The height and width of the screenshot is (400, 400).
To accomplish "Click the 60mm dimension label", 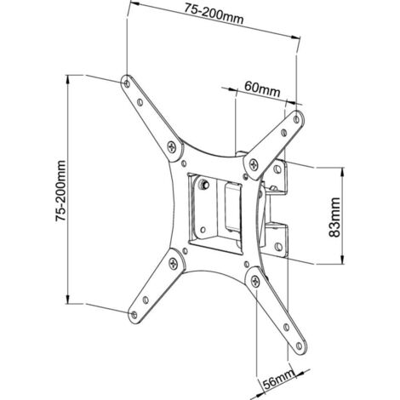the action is click(262, 89).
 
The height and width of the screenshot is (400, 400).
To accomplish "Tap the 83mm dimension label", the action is click(334, 217).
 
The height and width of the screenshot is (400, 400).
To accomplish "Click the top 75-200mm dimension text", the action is click(214, 14).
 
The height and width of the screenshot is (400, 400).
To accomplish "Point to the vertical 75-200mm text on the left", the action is click(60, 191).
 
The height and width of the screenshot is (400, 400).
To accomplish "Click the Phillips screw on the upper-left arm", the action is click(172, 147).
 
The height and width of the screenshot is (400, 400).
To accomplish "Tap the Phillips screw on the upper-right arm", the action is click(254, 164).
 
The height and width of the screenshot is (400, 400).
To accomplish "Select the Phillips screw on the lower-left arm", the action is click(173, 263).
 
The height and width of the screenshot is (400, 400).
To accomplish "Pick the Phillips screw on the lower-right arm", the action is click(255, 282).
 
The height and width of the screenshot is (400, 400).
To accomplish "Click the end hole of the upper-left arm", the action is click(127, 83).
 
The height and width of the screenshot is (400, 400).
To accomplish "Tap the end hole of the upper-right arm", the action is click(296, 119).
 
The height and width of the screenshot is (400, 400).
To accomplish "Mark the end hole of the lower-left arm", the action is click(134, 314).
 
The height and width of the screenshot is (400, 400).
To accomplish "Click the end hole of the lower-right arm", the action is click(299, 346).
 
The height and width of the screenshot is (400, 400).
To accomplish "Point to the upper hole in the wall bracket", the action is click(277, 169).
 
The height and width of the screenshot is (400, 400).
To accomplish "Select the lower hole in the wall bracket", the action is click(278, 246).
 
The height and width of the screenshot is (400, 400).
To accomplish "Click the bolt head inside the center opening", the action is click(203, 185).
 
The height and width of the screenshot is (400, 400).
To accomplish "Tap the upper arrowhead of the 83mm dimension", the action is click(343, 172).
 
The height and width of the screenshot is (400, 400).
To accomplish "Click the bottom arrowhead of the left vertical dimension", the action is click(68, 299).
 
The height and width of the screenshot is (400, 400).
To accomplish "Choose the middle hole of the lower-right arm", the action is click(287, 328).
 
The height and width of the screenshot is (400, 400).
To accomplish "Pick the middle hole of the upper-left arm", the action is click(140, 102).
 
